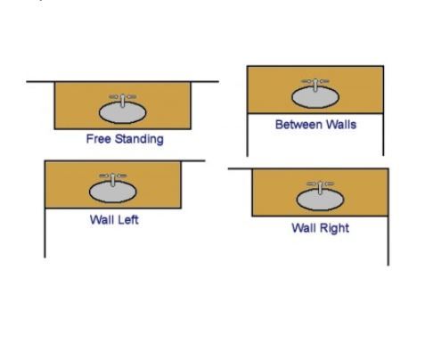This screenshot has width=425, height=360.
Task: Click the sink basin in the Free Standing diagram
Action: [x=122, y=112]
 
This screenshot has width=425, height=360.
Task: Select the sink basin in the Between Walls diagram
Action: [x=315, y=97]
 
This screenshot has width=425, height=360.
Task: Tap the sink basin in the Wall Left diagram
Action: [x=113, y=192]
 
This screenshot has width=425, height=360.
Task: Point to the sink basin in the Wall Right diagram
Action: [x=320, y=200]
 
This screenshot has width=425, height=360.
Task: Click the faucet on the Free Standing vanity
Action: [x=123, y=100]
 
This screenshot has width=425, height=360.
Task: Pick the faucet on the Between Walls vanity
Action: [x=315, y=85]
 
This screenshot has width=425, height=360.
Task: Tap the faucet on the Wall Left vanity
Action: [x=113, y=179]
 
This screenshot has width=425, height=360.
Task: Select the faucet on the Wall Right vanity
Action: [x=320, y=187]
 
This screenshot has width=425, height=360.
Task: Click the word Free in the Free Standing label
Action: [x=99, y=139]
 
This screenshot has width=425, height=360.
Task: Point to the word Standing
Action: [x=139, y=139]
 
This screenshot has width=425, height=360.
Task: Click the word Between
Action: [x=298, y=125]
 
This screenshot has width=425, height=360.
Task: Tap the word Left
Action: [x=127, y=220]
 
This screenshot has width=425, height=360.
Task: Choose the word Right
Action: [x=334, y=228]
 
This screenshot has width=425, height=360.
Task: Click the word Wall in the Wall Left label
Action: [x=102, y=220]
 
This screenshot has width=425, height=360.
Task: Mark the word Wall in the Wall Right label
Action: [x=304, y=228]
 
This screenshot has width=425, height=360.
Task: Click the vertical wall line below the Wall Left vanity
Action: [x=45, y=233]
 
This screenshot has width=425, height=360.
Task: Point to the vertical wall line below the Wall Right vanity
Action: [x=388, y=241]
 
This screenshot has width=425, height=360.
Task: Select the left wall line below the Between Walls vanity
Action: [x=248, y=135]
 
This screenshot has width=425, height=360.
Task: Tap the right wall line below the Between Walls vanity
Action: [x=383, y=135]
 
